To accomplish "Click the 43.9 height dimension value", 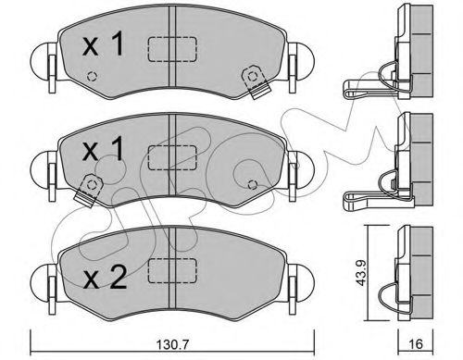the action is pyautogui.click(x=361, y=272).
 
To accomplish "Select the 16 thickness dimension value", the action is pyautogui.click(x=416, y=343).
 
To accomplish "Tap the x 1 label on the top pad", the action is pyautogui.click(x=103, y=45).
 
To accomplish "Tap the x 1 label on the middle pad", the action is pyautogui.click(x=103, y=149).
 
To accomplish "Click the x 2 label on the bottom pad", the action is pyautogui.click(x=105, y=277).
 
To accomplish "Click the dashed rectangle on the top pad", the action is pyautogui.click(x=172, y=49).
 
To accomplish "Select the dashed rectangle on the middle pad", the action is pyautogui.click(x=172, y=157).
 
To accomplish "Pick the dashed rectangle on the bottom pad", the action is pyautogui.click(x=172, y=270).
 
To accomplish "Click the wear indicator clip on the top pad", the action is pyautogui.click(x=256, y=81).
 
